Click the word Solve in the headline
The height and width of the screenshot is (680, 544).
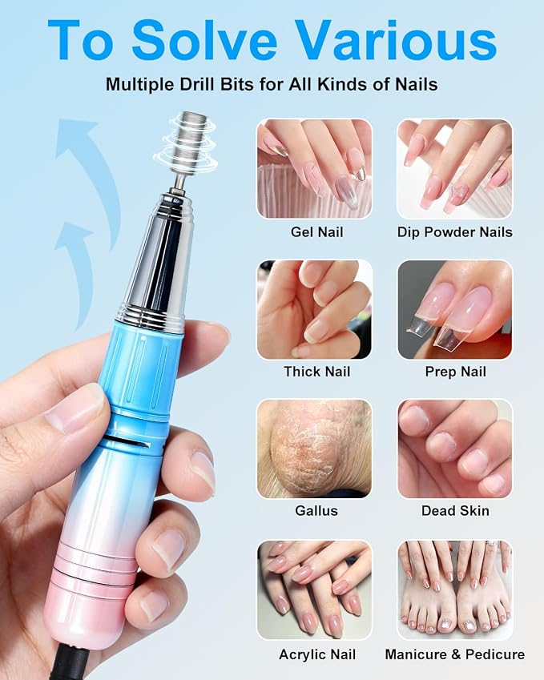point(204,40)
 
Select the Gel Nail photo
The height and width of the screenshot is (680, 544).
point(315,169)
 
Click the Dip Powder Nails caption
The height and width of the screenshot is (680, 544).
point(454,232)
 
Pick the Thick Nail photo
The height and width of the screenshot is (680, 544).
point(315,309)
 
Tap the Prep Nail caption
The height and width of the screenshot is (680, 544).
point(456,372)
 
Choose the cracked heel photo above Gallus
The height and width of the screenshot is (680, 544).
point(315,449)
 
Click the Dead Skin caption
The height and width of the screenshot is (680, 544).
point(456,510)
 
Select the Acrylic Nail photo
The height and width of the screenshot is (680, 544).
point(315,589)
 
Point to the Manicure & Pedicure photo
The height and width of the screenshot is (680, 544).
point(455,589)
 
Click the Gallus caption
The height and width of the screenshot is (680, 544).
point(316,510)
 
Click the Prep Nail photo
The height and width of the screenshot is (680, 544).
point(455,309)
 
